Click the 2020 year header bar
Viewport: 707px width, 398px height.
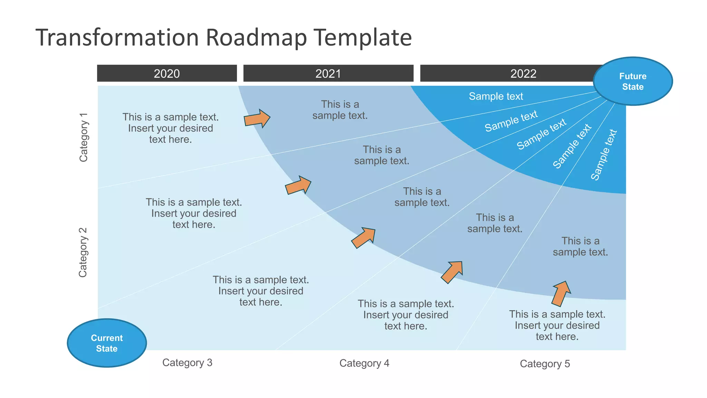[x=167, y=73]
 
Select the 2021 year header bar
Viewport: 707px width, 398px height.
[x=328, y=73]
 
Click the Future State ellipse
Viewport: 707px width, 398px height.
[x=633, y=81]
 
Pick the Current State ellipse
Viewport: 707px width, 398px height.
[x=107, y=343]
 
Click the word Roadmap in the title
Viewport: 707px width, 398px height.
[x=256, y=37]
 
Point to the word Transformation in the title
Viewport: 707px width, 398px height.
[x=117, y=37]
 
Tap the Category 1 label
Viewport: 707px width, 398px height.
[x=84, y=137]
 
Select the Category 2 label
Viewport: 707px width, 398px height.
[x=83, y=252]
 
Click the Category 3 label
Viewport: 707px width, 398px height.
[x=187, y=362]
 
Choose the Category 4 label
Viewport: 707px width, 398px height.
[x=364, y=363]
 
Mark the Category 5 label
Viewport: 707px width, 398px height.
[x=545, y=364]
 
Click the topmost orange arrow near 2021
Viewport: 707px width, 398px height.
[x=257, y=119]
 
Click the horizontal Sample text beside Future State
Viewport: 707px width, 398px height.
[x=496, y=96]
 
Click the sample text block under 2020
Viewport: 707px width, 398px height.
[x=171, y=128]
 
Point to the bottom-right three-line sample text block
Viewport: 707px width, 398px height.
[x=557, y=325]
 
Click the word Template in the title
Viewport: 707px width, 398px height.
[x=362, y=37]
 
